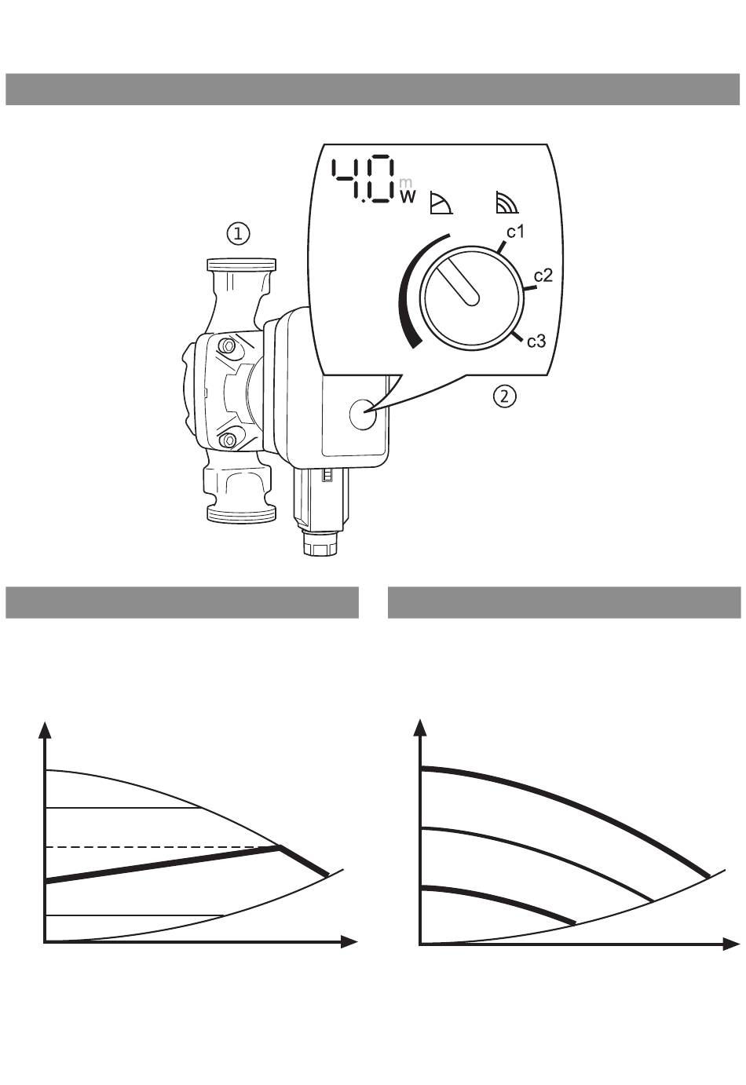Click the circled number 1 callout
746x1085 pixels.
pyautogui.click(x=239, y=234)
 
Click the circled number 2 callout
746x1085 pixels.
pyautogui.click(x=505, y=396)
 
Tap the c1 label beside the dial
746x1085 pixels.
pyautogui.click(x=515, y=232)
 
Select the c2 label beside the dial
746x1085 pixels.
pyautogui.click(x=543, y=276)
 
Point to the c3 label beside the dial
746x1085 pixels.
pyautogui.click(x=536, y=341)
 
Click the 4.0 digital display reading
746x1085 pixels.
pyautogui.click(x=362, y=179)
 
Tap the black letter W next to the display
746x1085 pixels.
pyautogui.click(x=408, y=196)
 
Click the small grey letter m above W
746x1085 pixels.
pyautogui.click(x=406, y=183)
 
